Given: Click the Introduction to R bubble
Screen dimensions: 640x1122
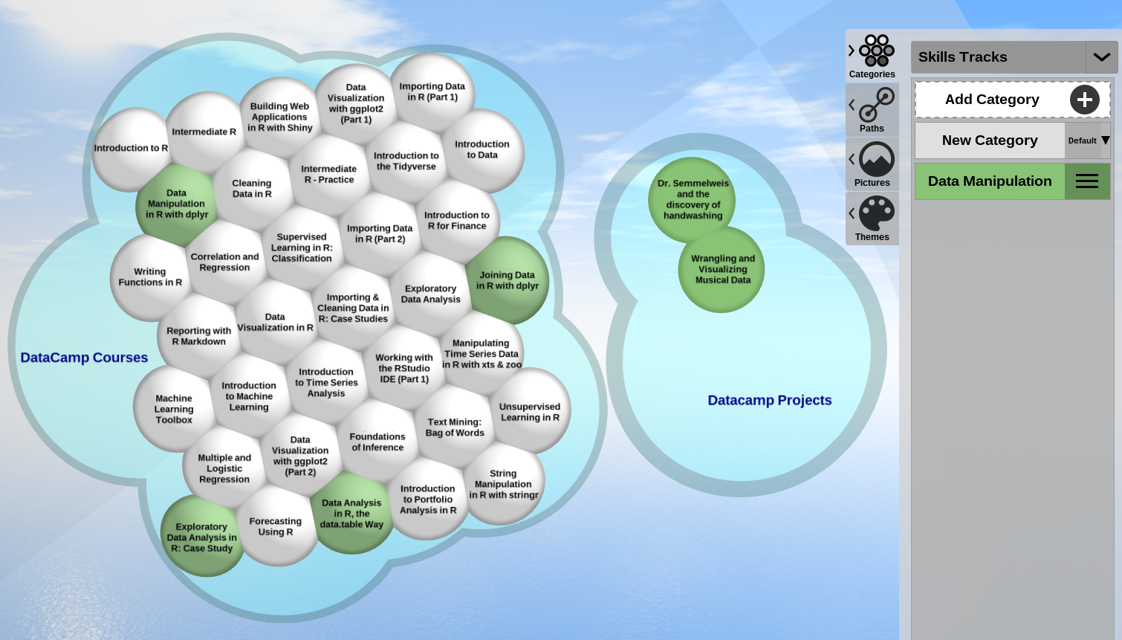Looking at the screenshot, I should (x=131, y=149).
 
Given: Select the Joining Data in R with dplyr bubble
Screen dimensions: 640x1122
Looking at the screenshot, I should (x=508, y=280).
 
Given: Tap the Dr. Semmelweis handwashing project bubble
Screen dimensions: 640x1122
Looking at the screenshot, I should (x=693, y=199).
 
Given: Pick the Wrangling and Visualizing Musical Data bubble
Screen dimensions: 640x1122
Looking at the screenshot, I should (x=722, y=269).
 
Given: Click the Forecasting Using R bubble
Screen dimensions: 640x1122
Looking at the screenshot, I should (x=276, y=526).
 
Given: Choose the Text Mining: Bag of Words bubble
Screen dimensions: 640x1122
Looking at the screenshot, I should (x=455, y=427).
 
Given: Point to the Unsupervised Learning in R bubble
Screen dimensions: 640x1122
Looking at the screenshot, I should (x=530, y=412).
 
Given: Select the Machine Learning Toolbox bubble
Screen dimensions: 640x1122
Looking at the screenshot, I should (x=174, y=409).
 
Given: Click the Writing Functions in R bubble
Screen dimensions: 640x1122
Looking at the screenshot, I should (x=150, y=277).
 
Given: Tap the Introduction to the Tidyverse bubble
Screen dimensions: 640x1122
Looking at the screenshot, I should (x=406, y=161).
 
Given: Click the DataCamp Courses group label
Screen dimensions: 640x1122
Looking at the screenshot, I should (x=84, y=358).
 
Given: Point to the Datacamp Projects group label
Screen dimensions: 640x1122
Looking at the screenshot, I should (x=769, y=400).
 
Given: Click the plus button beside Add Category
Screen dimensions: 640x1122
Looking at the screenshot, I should (x=1084, y=100).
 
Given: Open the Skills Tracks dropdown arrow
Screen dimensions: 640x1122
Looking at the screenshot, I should (x=1101, y=57).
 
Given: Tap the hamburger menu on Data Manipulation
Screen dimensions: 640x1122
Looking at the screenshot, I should (x=1086, y=181).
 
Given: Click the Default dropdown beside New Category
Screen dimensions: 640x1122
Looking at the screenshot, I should (x=1088, y=140).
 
